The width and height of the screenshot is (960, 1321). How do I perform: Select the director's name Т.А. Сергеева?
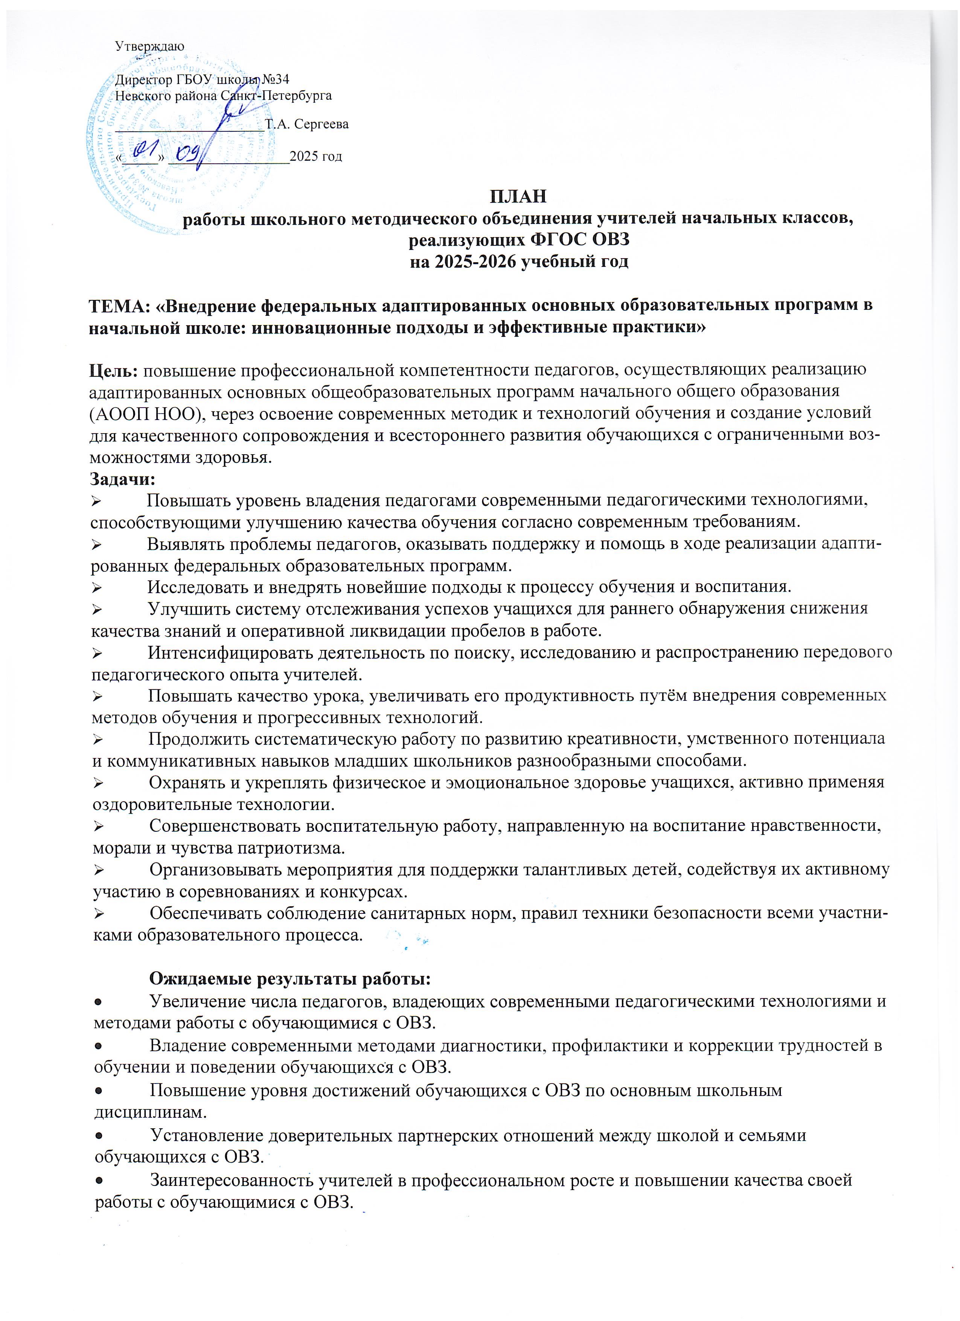pos(306,124)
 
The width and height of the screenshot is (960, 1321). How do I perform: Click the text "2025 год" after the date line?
pos(316,156)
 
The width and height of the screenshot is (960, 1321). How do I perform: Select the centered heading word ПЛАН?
pos(518,196)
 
